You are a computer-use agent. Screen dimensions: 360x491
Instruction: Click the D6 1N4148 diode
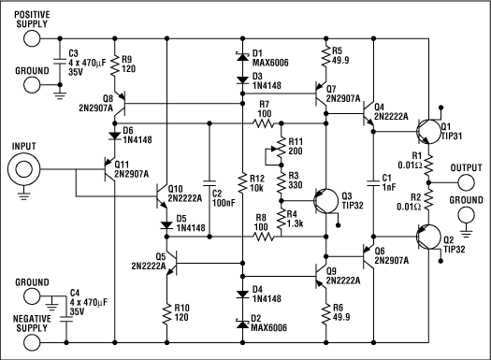tap(115, 131)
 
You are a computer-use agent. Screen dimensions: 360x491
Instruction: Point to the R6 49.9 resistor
tap(325, 310)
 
